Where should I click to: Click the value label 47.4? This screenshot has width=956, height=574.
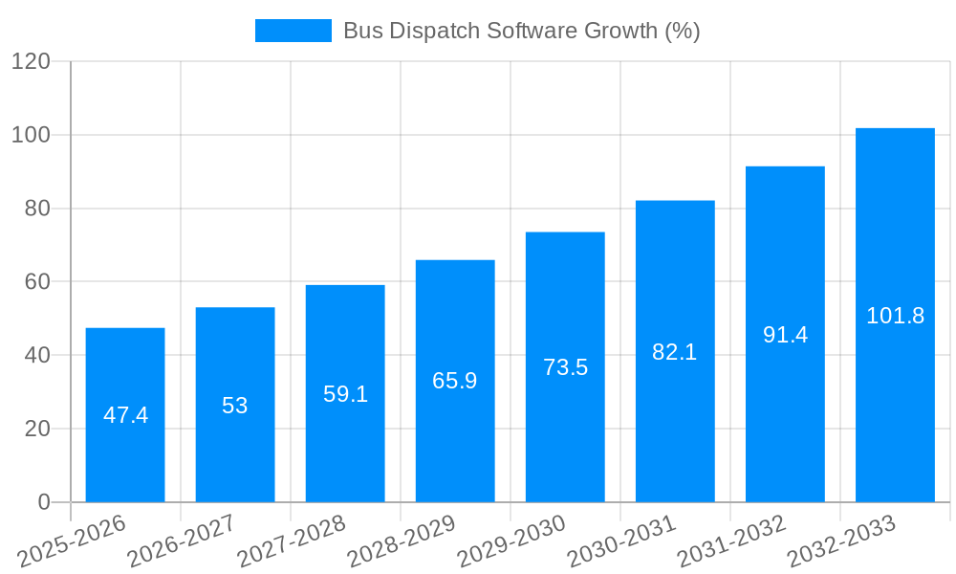125,415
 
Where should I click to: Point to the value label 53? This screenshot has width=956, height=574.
235,406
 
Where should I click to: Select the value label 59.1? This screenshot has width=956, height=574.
345,394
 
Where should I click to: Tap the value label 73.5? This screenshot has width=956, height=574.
565,367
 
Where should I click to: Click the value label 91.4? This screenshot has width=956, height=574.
785,335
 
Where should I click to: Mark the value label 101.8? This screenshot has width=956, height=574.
895,316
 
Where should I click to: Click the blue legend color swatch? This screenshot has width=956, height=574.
293,31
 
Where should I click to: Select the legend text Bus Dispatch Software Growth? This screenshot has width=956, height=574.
521,31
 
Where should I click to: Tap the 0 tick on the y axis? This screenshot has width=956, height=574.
43,502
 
